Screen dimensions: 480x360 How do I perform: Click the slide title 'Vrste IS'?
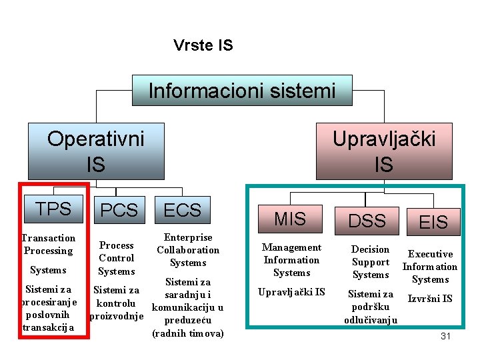(203, 45)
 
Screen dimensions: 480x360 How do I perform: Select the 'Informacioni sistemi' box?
(241, 91)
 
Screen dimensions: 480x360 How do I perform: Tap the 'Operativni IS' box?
(96, 151)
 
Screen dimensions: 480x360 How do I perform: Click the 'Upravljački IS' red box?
(383, 151)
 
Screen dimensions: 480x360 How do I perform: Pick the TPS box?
(53, 209)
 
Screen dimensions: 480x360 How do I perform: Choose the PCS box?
(119, 210)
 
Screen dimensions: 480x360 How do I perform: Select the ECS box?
(182, 210)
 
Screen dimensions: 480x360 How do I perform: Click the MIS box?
(290, 218)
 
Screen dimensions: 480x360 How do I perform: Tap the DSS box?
(367, 221)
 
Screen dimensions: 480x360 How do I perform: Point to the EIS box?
(433, 222)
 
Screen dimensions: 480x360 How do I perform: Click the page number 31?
(445, 336)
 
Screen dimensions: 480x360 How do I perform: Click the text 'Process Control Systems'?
(117, 258)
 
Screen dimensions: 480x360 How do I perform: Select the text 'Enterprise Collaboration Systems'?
(188, 250)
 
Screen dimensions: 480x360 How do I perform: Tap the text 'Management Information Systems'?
(291, 260)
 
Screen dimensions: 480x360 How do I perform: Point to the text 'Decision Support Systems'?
(371, 262)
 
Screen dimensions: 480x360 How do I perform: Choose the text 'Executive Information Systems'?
(430, 267)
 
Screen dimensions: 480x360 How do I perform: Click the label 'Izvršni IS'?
(430, 298)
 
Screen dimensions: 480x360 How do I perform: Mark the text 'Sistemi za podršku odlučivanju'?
(371, 307)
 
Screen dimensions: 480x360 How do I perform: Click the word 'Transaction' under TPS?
(49, 238)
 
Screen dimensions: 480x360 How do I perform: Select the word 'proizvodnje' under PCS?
(117, 315)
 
